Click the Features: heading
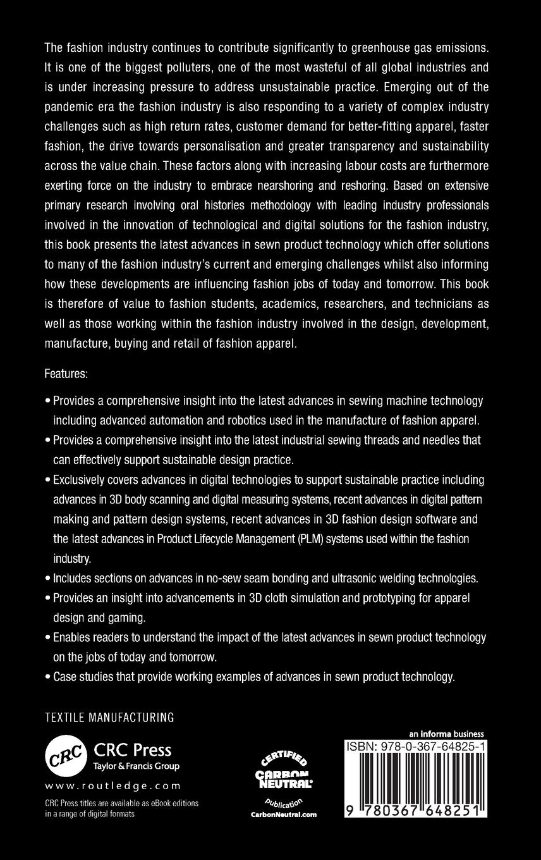tap(66, 374)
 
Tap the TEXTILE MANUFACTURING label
tap(109, 718)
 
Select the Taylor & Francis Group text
tap(137, 766)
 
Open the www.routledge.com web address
tap(113, 786)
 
